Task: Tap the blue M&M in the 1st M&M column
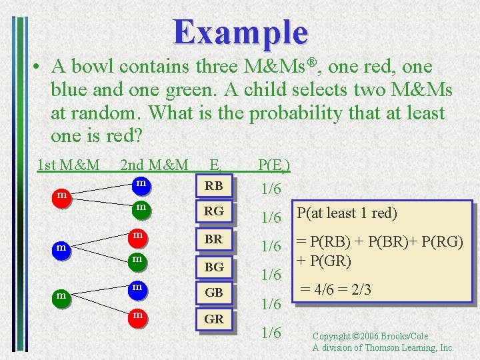point(61,249)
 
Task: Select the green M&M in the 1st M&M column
point(61,295)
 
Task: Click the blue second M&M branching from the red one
point(141,183)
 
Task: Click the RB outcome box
point(214,186)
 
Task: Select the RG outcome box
point(214,212)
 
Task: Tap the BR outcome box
point(214,238)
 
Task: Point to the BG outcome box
point(214,267)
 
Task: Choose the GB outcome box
point(214,292)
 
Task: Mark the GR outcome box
point(214,319)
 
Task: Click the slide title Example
point(241,31)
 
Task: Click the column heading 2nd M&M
point(154,164)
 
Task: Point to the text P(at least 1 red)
point(347,213)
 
